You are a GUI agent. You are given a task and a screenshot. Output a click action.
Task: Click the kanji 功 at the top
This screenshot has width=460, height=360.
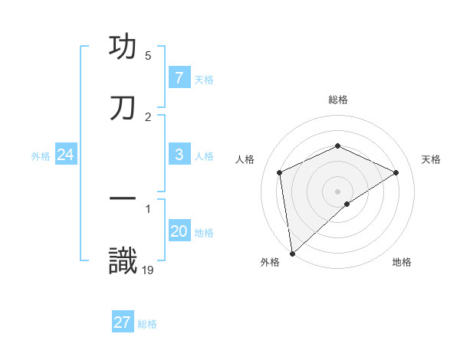pos(123,47)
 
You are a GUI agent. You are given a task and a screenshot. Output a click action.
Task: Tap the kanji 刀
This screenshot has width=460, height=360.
pos(123,109)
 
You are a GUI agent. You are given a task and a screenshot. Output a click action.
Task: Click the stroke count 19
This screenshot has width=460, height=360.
pos(149,270)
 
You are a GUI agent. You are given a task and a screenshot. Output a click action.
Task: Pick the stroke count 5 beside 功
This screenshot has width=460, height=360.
pos(148,56)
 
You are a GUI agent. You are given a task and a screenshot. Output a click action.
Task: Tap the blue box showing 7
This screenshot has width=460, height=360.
pos(179,78)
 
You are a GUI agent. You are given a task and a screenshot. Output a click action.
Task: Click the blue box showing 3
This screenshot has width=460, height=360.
pos(179,155)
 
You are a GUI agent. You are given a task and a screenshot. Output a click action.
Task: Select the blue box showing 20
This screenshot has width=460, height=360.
pos(179,231)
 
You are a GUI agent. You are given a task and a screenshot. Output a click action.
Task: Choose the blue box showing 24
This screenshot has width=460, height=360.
pos(65,155)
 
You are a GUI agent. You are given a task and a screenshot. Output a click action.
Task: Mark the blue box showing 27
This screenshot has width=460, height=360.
pos(122,322)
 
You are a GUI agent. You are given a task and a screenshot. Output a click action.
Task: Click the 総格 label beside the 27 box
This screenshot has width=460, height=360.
pos(148,324)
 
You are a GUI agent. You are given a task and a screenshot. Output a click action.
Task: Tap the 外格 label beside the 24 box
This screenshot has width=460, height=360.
pos(41,156)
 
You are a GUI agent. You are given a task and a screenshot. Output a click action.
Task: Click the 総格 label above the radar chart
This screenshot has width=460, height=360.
pos(338,100)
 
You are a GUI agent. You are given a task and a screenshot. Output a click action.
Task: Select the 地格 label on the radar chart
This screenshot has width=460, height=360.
pos(402,263)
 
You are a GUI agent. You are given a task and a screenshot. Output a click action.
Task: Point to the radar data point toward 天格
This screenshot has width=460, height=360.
pos(396,172)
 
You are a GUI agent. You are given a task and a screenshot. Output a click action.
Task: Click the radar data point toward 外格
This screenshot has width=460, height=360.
pos(291,254)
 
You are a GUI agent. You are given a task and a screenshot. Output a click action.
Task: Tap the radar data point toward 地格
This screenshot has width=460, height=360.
pos(347,204)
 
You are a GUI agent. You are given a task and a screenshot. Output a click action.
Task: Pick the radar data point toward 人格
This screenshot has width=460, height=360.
pos(280,172)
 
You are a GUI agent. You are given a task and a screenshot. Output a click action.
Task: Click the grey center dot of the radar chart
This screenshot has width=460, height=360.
pos(338,191)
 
